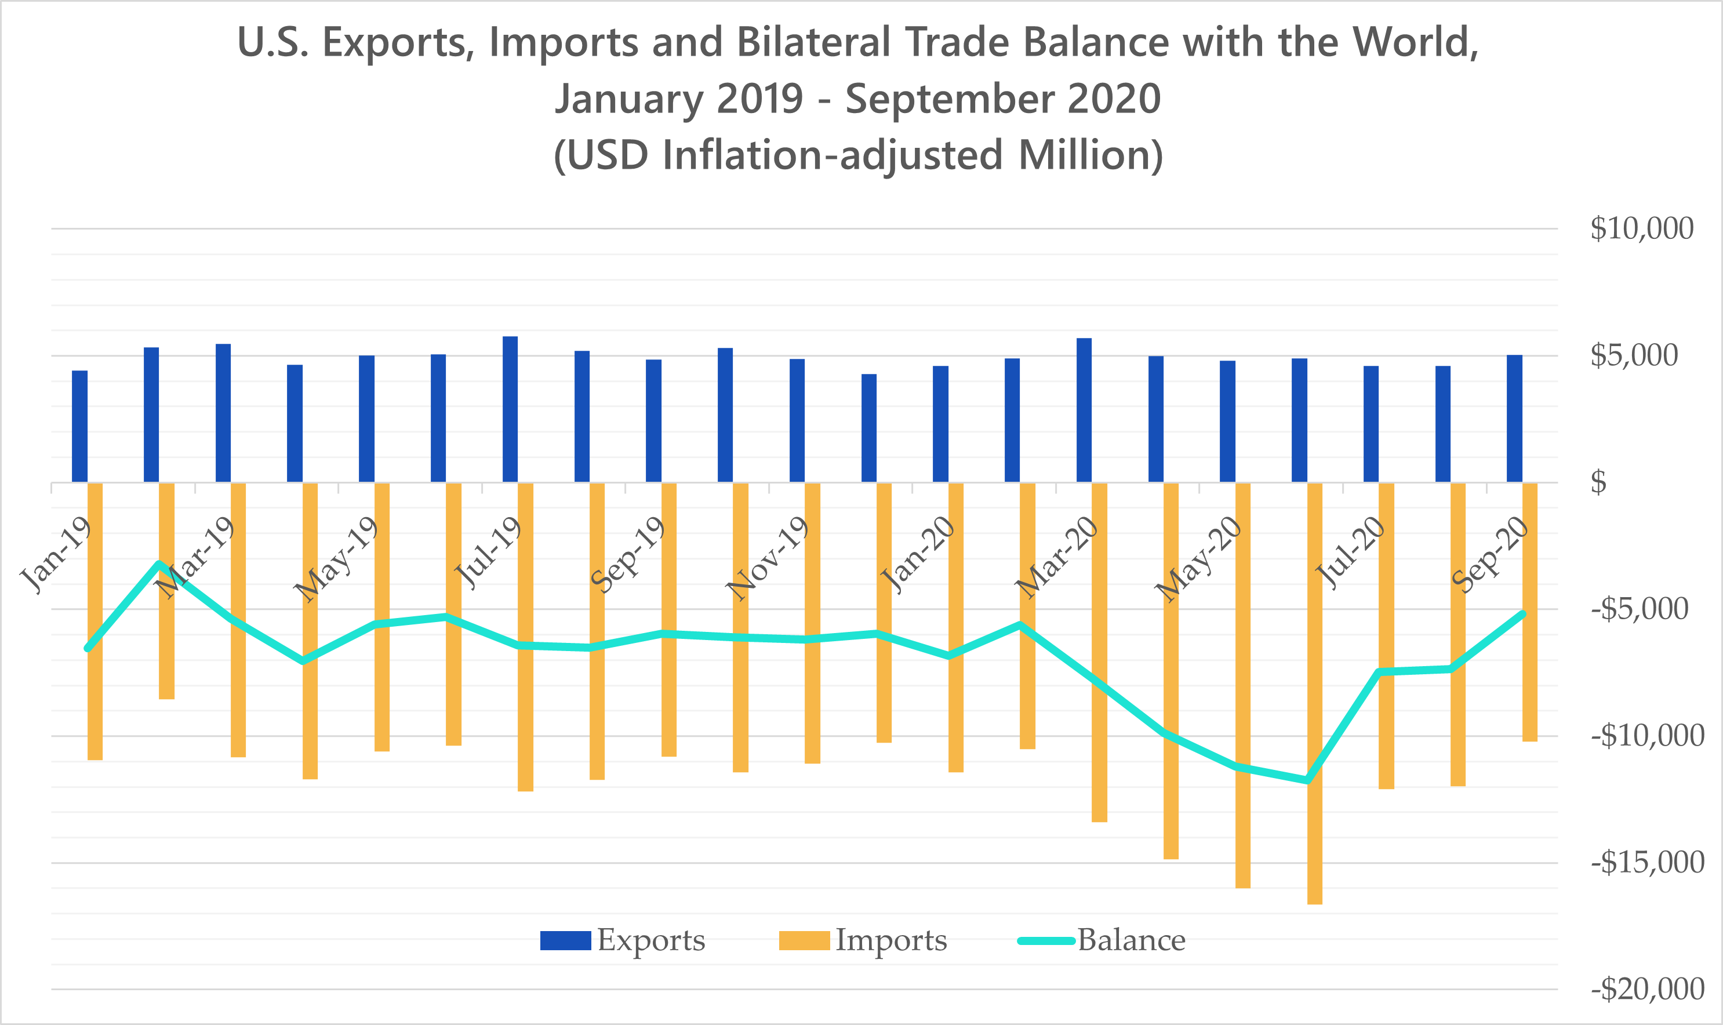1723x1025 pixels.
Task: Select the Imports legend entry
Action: (863, 941)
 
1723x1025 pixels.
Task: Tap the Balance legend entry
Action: (1102, 941)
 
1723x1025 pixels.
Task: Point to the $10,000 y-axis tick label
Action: (1641, 228)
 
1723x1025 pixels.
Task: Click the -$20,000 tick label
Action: (1647, 990)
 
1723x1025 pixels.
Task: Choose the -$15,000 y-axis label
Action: (1647, 863)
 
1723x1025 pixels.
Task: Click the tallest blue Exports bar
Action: (510, 409)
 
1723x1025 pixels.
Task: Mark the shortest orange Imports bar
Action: (166, 591)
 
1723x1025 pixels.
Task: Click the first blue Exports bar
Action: (79, 426)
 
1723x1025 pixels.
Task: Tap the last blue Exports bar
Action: (1514, 419)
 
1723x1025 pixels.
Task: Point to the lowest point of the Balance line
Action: (1307, 780)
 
